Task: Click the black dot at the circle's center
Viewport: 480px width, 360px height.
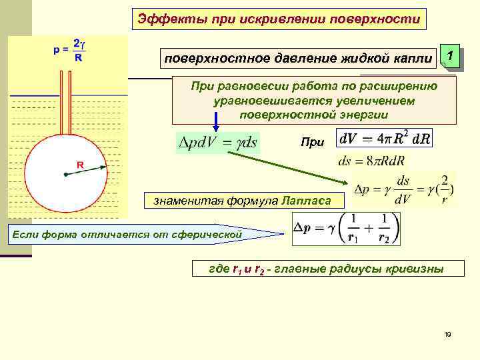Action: (65, 175)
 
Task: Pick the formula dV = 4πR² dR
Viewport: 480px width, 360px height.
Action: (385, 139)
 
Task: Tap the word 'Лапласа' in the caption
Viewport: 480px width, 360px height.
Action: (311, 199)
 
